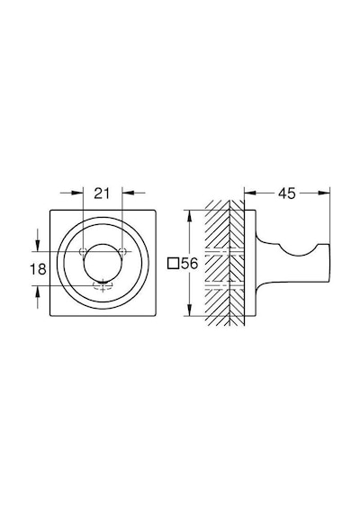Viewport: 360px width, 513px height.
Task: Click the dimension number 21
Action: click(102, 193)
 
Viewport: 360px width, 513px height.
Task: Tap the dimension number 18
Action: click(39, 269)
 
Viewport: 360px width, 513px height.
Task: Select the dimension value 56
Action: click(190, 264)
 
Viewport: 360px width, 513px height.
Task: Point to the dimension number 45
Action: click(287, 193)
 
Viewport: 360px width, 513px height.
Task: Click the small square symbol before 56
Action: click(173, 264)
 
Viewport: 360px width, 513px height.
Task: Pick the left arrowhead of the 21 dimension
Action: click(77, 193)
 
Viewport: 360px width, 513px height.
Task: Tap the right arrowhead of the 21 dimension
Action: click(128, 193)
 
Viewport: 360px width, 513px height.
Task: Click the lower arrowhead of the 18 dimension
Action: click(38, 292)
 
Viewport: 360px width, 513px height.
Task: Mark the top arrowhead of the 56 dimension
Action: click(189, 216)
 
